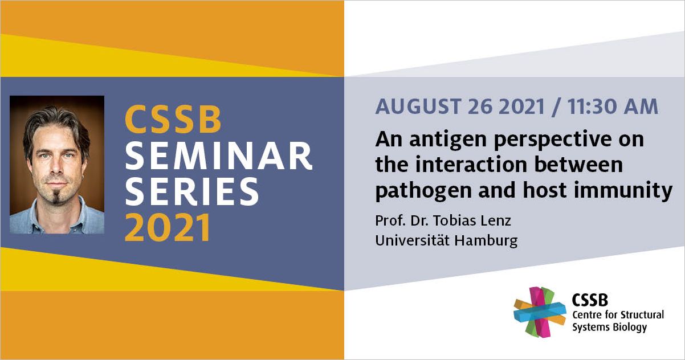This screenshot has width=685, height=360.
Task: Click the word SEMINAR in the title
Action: coord(219,156)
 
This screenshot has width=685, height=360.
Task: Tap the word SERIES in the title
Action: coord(192,191)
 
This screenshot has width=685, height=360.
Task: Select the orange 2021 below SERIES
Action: coord(168,228)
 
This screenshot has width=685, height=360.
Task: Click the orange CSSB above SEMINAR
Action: coord(173,119)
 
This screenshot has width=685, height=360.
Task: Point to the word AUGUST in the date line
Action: coord(418,107)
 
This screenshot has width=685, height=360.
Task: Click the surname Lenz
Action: coord(496,220)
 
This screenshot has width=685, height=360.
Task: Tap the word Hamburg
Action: coord(486,241)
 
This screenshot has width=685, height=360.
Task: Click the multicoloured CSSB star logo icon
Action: coord(540,312)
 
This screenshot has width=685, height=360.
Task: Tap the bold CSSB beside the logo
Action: coord(590,300)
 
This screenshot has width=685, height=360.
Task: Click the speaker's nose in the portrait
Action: coord(56,166)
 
